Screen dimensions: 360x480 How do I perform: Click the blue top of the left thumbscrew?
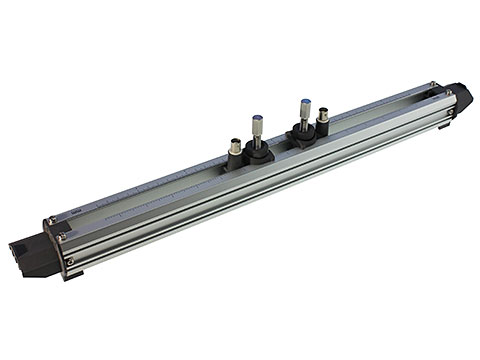click(258, 117)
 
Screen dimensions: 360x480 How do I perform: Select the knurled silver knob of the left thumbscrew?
click(258, 127)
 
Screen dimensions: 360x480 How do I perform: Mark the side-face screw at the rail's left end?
click(70, 262)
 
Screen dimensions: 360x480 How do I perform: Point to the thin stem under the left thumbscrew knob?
click(259, 143)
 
